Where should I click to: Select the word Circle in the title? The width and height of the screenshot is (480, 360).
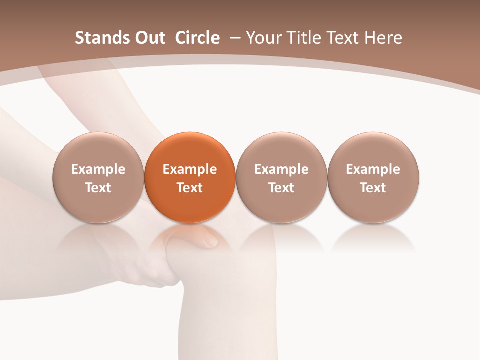197,38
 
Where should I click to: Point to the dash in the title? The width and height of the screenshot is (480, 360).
234,38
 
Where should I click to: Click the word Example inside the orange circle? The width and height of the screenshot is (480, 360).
190,169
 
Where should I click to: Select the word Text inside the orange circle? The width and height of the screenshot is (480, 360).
190,188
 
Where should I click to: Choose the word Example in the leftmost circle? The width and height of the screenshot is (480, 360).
98,169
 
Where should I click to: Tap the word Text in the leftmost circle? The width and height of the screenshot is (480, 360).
98,188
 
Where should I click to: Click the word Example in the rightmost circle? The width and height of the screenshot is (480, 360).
373,169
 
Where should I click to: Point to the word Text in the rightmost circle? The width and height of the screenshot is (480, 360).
373,188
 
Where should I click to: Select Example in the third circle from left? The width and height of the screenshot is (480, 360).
281,169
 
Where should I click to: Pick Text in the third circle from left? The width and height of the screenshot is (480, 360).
281,188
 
